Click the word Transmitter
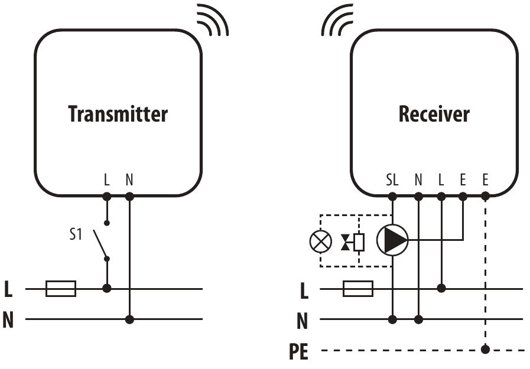[x=118, y=113]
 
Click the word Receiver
[x=434, y=113]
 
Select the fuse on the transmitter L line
[x=61, y=289]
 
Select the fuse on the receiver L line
[x=357, y=289]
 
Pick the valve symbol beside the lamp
[x=352, y=241]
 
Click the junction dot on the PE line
[x=486, y=350]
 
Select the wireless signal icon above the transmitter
[x=212, y=19]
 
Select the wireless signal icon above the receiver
[x=336, y=19]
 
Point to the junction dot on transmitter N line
[x=129, y=319]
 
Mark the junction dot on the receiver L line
[x=441, y=289]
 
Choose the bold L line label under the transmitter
[x=8, y=289]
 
